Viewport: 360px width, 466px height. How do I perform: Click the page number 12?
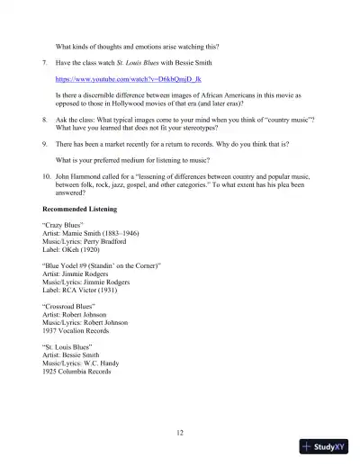[180, 433]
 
